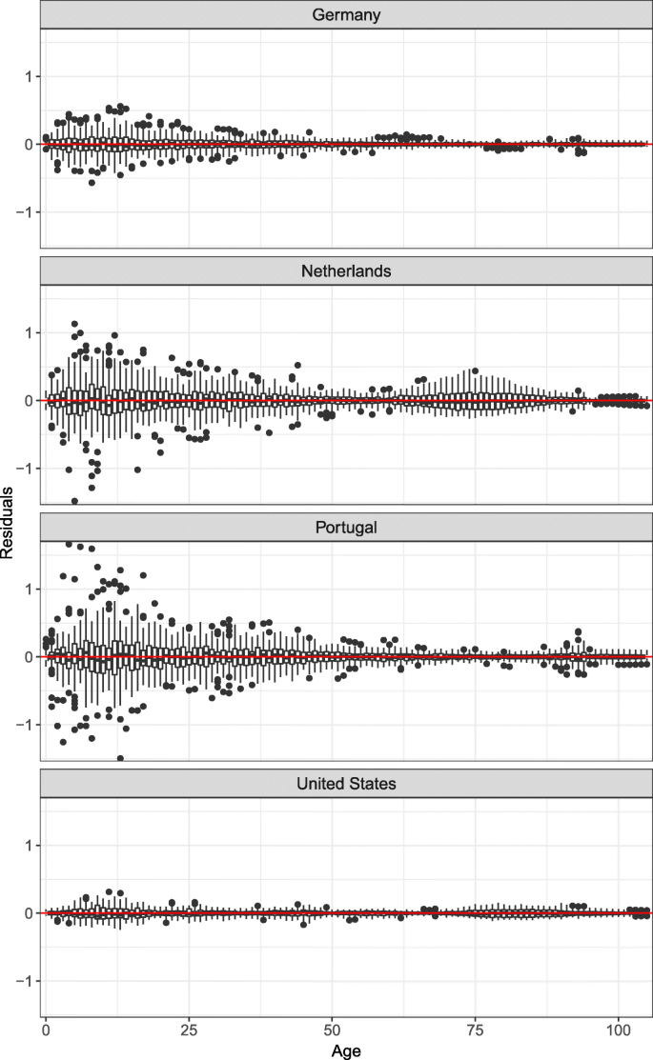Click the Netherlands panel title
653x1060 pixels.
pyautogui.click(x=346, y=270)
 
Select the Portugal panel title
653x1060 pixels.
pyautogui.click(x=346, y=527)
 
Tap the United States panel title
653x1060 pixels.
pyautogui.click(x=346, y=783)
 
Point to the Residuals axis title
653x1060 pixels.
pyautogui.click(x=9, y=530)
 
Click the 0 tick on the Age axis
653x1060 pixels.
pyautogui.click(x=46, y=1030)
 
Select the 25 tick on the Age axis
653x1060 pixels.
pyautogui.click(x=189, y=1030)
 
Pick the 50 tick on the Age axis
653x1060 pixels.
pyautogui.click(x=332, y=1030)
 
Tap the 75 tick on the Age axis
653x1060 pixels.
pyautogui.click(x=476, y=1030)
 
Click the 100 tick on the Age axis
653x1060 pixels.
pyautogui.click(x=619, y=1030)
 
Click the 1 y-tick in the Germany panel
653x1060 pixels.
pyautogui.click(x=30, y=76)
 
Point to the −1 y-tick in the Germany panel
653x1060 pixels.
pyautogui.click(x=27, y=212)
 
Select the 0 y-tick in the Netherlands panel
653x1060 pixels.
pyautogui.click(x=30, y=401)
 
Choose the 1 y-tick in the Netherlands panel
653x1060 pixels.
pyautogui.click(x=30, y=332)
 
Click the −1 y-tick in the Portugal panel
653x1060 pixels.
pyautogui.click(x=27, y=725)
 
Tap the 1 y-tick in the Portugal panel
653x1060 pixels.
pyautogui.click(x=30, y=589)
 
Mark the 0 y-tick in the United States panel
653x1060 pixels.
pyautogui.click(x=30, y=913)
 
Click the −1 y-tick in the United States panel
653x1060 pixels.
pyautogui.click(x=27, y=981)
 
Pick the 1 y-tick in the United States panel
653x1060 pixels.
pyautogui.click(x=30, y=845)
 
